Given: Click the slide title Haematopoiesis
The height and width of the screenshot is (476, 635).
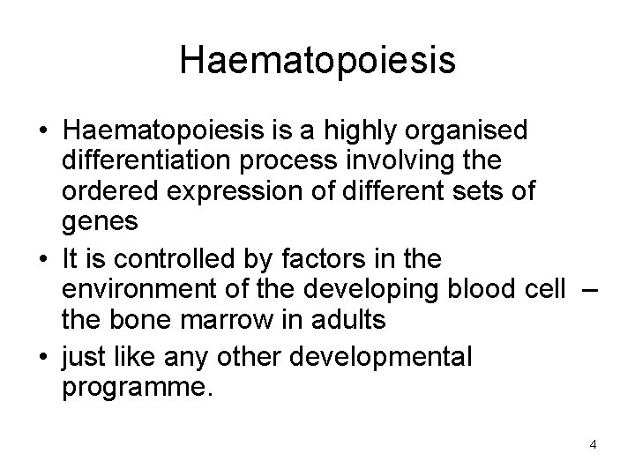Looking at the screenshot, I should pos(317,60).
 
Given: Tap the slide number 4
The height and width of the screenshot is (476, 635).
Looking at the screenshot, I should pos(593,444).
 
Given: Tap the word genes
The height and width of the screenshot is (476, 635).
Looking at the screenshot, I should pos(100,223).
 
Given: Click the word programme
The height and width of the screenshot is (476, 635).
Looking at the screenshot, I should pos(136,389).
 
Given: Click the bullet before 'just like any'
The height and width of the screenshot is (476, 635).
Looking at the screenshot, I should pos(43,357).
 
